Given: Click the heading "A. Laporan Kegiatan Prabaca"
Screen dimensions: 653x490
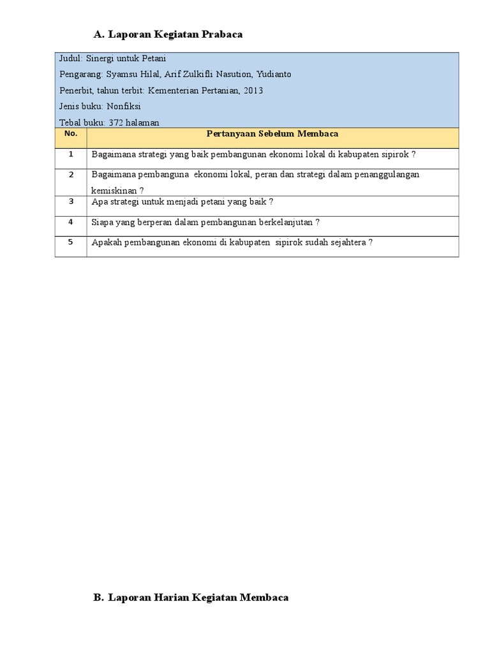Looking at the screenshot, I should [x=168, y=34].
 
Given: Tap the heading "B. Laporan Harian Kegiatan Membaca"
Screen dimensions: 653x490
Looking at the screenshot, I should [x=191, y=598].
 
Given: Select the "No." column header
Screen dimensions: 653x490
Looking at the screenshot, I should [x=71, y=134].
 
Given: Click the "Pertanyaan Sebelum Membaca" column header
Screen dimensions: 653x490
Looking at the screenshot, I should [x=272, y=134].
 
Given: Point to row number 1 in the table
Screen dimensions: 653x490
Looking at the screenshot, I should [x=71, y=154].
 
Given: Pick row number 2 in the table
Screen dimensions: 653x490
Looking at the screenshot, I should [x=71, y=175].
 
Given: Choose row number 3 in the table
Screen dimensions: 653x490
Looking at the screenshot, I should [x=71, y=202].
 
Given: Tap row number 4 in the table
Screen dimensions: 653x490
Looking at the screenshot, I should [x=71, y=222].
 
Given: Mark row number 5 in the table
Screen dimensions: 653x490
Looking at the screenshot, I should [x=71, y=242].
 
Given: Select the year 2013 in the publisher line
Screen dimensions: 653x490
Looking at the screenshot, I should [x=253, y=91].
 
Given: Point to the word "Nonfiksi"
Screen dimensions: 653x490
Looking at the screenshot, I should [x=124, y=106].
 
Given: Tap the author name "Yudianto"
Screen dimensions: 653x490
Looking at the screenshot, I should [x=274, y=74].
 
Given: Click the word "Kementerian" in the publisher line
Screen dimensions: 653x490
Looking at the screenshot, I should [x=172, y=91].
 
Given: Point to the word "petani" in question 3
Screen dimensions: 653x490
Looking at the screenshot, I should [x=220, y=202].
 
